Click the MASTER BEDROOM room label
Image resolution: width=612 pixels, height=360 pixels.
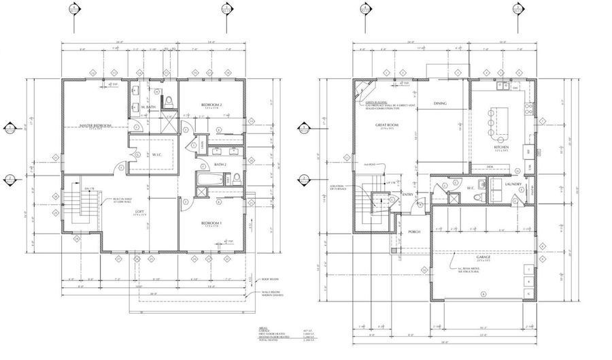pyautogui.click(x=95, y=126)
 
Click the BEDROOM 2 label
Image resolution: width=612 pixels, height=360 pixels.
pyautogui.click(x=211, y=104)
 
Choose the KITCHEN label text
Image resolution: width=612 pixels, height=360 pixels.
pyautogui.click(x=502, y=147)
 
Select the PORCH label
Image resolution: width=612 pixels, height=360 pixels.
pyautogui.click(x=414, y=232)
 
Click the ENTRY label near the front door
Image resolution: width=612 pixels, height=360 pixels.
pyautogui.click(x=408, y=195)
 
